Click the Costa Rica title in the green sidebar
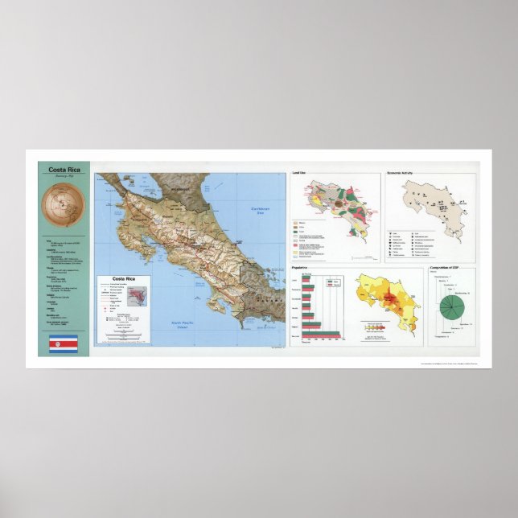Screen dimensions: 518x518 [x=65, y=170]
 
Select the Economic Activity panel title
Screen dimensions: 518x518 [x=405, y=173]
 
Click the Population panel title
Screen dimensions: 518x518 [x=302, y=267]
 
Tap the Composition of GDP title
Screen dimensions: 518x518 [x=449, y=266]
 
